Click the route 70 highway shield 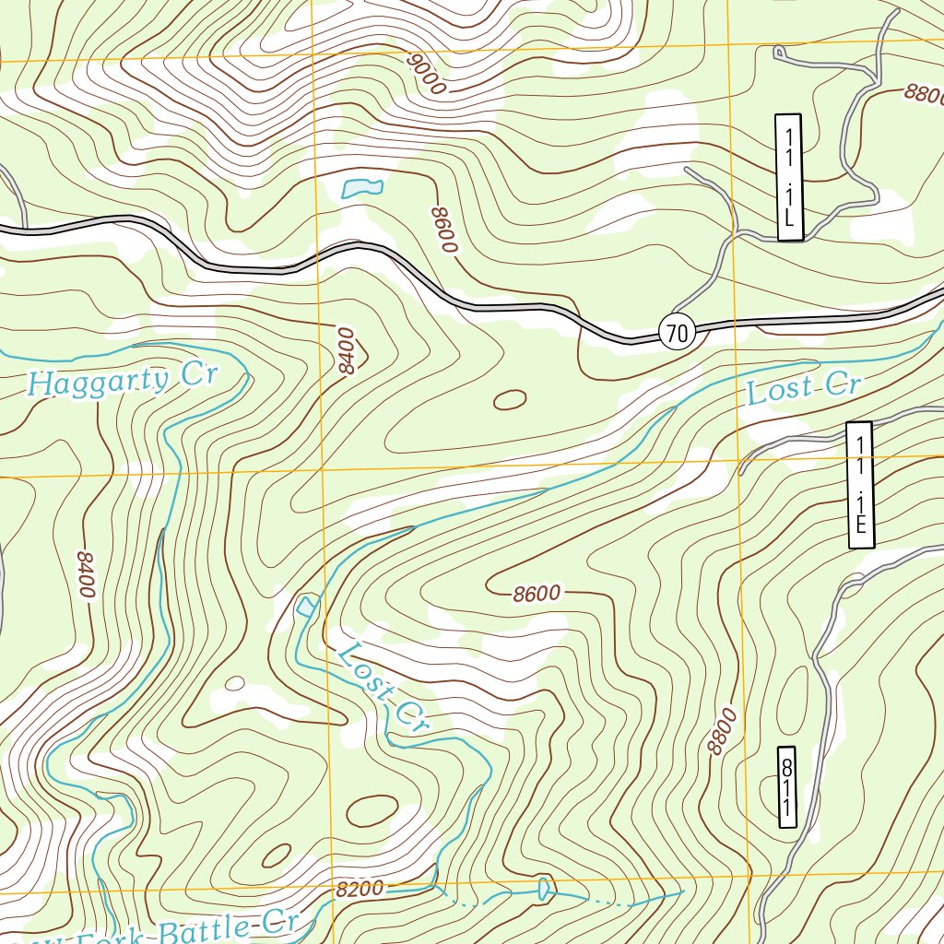tap(677, 333)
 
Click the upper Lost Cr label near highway tap(802, 389)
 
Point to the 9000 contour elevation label tap(425, 74)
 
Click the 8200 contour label tap(360, 889)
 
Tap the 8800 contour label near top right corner tap(925, 93)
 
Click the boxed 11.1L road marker tap(789, 177)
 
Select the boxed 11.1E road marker tap(859, 485)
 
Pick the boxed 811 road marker tap(786, 786)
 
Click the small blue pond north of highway tap(361, 188)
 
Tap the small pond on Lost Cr tap(306, 606)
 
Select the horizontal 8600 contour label tap(537, 594)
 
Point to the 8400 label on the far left tap(85, 574)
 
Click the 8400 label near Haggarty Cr tap(347, 350)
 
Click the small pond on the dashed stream tap(543, 889)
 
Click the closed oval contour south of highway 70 tap(510, 399)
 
